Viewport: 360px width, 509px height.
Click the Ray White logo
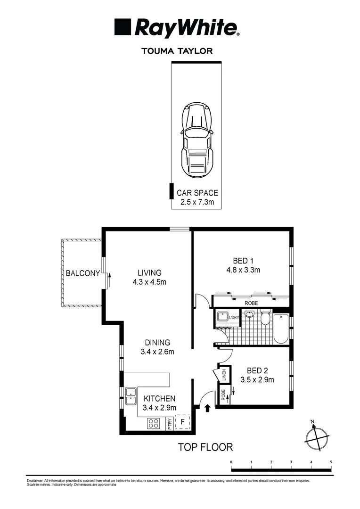177,27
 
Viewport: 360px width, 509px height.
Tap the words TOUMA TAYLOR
177,51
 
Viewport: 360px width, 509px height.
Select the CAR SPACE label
197,193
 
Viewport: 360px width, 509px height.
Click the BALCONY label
83,273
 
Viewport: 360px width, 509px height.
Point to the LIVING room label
149,273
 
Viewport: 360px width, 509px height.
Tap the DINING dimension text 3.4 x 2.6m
157,352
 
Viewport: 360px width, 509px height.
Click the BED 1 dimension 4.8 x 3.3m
243,270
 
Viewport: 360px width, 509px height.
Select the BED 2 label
257,370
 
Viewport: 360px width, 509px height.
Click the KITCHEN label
159,398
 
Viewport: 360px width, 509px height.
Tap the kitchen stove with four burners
154,423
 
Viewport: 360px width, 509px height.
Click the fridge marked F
182,422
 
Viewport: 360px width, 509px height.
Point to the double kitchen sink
131,396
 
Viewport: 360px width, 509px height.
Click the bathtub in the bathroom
281,328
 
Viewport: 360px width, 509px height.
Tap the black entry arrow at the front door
208,408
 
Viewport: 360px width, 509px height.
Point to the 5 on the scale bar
331,462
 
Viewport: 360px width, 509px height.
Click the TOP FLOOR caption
205,447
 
